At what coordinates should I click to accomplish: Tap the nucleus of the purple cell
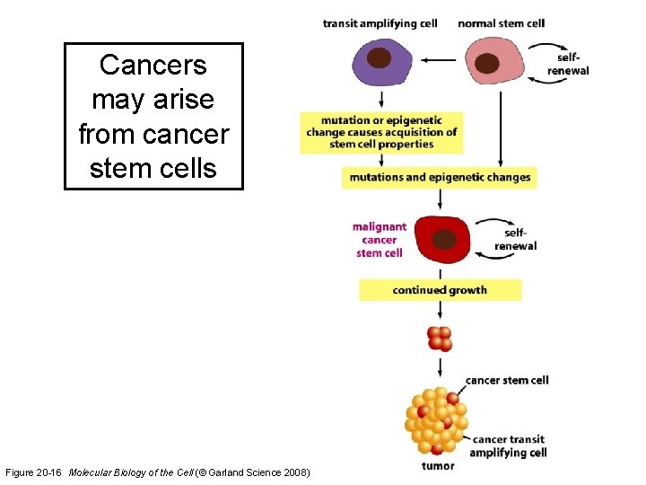(x=380, y=58)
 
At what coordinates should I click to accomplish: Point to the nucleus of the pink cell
(x=487, y=64)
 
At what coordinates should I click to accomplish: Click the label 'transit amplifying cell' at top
(x=380, y=22)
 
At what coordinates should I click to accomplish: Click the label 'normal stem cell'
(x=501, y=22)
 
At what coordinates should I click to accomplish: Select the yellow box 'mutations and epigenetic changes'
(x=440, y=177)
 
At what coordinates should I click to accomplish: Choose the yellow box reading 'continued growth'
(x=440, y=290)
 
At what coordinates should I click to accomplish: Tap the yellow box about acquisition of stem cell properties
(x=382, y=132)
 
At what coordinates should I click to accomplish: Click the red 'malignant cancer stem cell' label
(x=380, y=240)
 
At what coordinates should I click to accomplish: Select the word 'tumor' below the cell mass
(x=437, y=465)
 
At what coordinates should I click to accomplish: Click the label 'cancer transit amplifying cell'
(x=509, y=445)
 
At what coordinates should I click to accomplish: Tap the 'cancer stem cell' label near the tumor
(x=507, y=380)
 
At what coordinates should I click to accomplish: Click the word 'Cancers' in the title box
(x=153, y=65)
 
